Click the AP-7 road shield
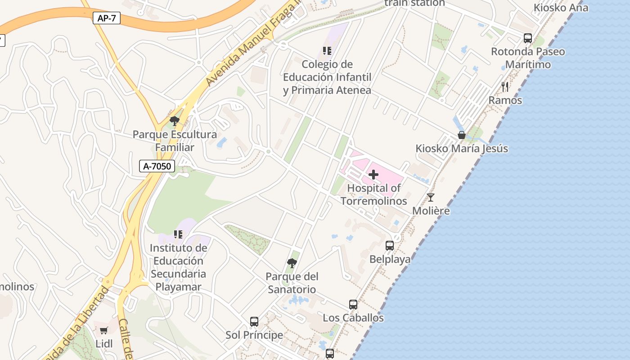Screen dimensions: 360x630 pos(107,18)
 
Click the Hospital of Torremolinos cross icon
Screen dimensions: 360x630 pos(373,175)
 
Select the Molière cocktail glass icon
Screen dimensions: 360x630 pos(431,198)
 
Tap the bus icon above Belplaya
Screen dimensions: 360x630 pos(390,246)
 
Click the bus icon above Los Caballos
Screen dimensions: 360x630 pos(353,305)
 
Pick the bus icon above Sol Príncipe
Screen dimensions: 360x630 pos(254,322)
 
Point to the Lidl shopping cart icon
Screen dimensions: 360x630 pos(104,331)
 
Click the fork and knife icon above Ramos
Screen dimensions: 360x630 pos(505,86)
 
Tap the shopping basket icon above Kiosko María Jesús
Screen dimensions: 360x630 pos(461,135)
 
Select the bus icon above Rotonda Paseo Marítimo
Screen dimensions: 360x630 pos(528,38)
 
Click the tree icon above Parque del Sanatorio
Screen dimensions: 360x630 pos(292,263)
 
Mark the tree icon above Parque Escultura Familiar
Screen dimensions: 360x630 pos(174,121)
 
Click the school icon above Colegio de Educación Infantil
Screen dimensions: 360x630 pos(327,51)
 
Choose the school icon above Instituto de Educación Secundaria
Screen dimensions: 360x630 pos(178,234)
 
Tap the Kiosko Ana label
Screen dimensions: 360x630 pos(560,7)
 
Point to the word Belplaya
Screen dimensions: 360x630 pos(390,259)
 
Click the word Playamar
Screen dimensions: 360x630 pos(178,287)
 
